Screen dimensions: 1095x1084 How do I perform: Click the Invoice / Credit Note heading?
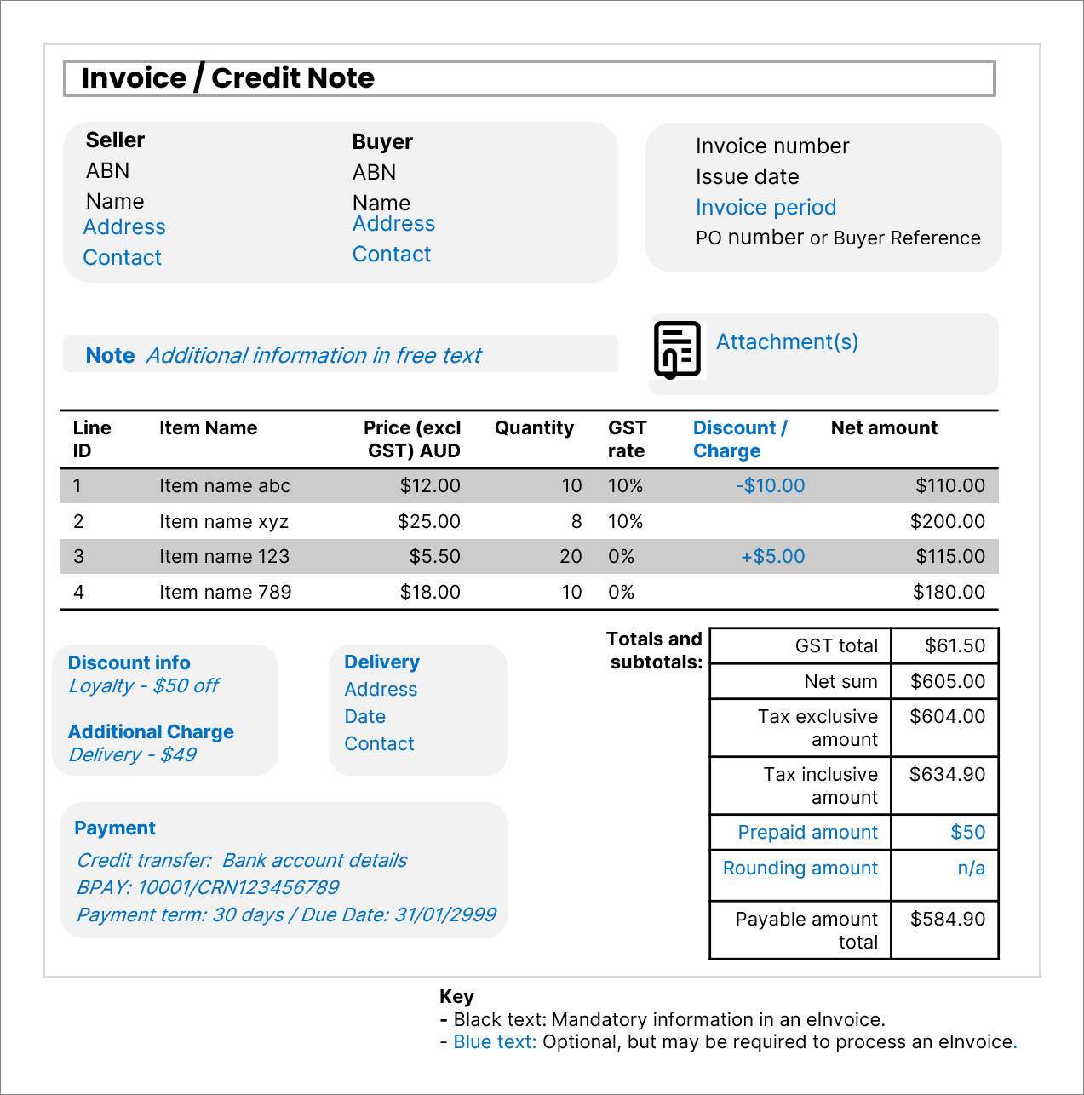(x=228, y=78)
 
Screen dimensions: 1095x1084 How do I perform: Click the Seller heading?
(x=115, y=140)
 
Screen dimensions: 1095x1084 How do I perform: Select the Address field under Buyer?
(x=393, y=224)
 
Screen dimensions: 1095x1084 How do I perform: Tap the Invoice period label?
(x=766, y=208)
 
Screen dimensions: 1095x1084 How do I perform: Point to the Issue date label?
(x=747, y=177)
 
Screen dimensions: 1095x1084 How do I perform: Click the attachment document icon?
(x=677, y=349)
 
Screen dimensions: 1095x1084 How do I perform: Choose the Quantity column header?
(x=534, y=428)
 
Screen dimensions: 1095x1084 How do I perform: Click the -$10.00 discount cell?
(x=770, y=486)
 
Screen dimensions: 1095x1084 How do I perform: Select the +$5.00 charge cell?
(x=772, y=557)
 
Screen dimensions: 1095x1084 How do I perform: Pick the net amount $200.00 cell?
(x=947, y=522)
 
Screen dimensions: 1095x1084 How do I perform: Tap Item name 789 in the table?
(x=225, y=593)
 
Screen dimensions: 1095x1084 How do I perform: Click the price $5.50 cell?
(x=434, y=557)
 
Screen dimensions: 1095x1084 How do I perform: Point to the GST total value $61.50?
(x=955, y=646)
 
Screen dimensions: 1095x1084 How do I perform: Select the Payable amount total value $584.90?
(x=947, y=920)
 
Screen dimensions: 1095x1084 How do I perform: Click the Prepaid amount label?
(x=807, y=833)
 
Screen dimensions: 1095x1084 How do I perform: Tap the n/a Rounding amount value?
(x=971, y=869)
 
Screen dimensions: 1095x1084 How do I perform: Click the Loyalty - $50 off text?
(x=144, y=686)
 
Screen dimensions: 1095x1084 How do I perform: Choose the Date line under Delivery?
(x=364, y=717)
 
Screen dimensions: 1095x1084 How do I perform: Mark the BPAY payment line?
(x=208, y=888)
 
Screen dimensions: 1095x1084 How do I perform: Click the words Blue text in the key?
(x=494, y=1042)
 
